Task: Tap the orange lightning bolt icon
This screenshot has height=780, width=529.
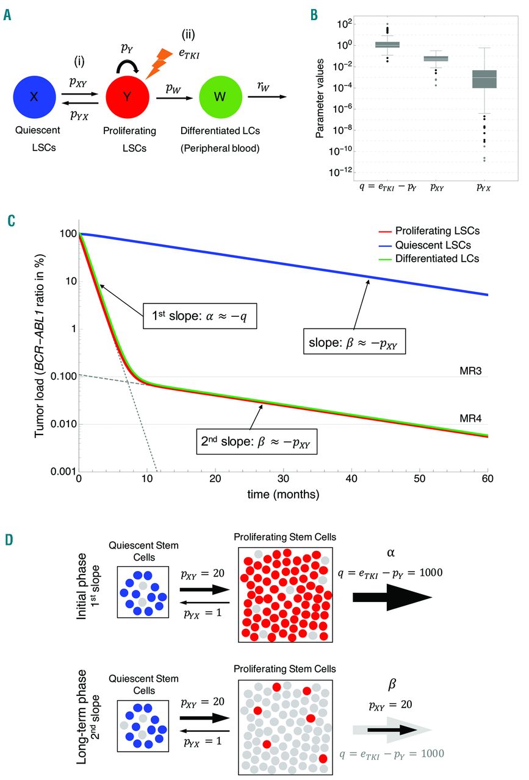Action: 157,62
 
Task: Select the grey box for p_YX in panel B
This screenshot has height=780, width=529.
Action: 484,79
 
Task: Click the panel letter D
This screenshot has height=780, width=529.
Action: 8,541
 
